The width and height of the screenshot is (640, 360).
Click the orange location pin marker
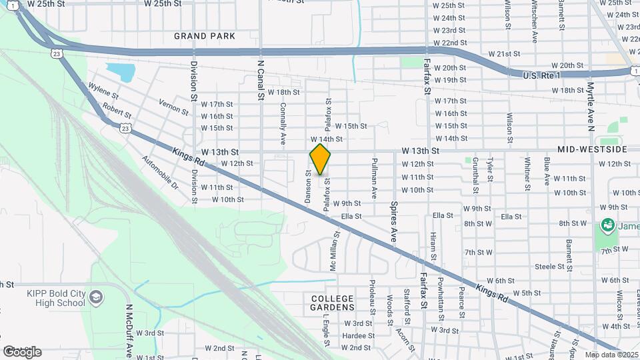[x=320, y=159]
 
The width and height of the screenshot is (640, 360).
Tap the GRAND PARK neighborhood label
[x=205, y=36]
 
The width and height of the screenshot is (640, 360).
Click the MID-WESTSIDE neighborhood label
[x=593, y=150]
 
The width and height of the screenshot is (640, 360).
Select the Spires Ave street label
[x=394, y=223]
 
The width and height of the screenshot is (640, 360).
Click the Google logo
[x=22, y=351]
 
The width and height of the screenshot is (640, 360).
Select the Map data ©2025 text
[x=610, y=355]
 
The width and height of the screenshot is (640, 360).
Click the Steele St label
[x=549, y=267]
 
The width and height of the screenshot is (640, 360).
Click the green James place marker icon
[x=607, y=225]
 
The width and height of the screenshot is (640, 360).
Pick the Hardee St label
[x=357, y=335]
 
